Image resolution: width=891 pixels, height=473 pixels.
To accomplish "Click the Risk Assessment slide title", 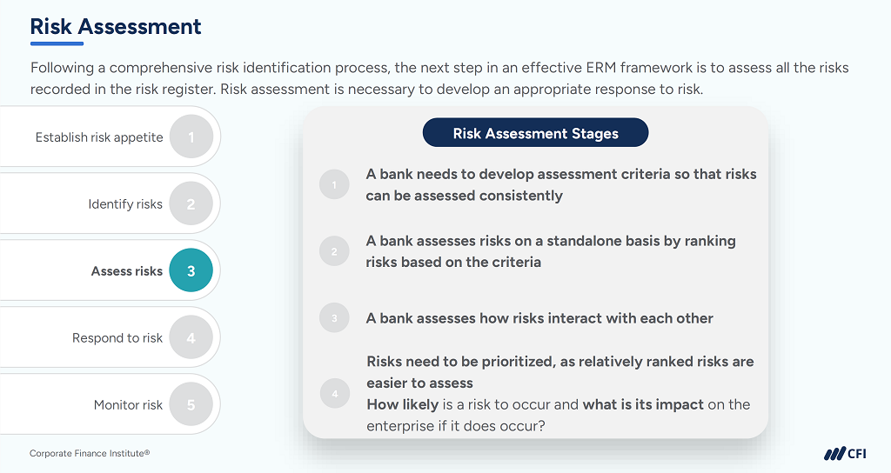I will (116, 26).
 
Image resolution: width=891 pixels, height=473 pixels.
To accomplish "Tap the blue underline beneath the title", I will (57, 43).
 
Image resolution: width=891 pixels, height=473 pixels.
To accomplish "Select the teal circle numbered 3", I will (191, 271).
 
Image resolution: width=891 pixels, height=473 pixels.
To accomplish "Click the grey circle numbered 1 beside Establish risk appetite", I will (191, 137).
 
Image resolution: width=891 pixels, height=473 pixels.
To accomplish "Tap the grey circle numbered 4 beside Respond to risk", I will (191, 338).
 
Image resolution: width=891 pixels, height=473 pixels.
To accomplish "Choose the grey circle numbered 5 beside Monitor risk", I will (191, 405).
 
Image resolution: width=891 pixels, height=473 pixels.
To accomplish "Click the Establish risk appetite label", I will (99, 137).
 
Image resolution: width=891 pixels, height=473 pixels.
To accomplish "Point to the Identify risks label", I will (125, 204).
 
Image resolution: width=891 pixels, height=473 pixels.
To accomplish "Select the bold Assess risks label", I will (127, 271).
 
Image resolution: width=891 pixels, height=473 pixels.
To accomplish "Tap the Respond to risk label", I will (117, 338).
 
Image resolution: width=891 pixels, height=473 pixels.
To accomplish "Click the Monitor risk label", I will (128, 405).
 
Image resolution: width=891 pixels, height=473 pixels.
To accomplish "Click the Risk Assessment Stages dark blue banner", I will (535, 133).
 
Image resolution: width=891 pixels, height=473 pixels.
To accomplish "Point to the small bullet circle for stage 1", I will (334, 184).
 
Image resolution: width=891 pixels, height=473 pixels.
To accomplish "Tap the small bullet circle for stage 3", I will (334, 318).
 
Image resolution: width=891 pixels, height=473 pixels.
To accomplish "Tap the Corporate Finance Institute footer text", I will (90, 453).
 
